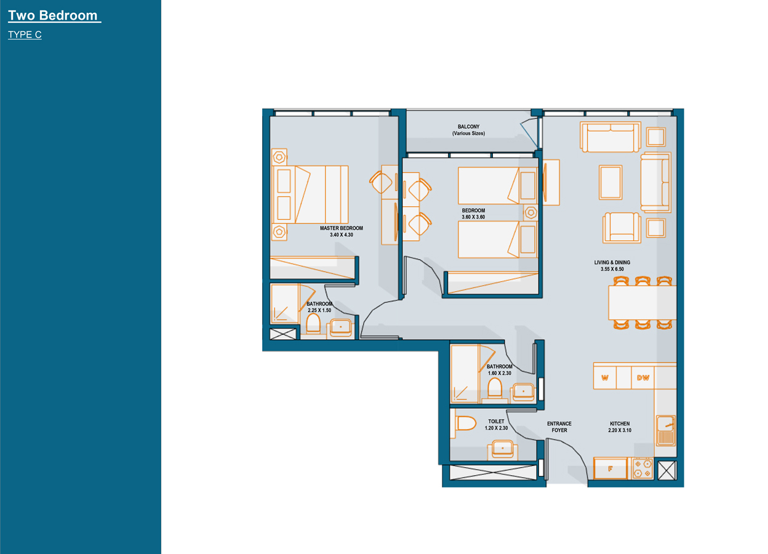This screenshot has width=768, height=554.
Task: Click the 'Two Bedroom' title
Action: point(53,15)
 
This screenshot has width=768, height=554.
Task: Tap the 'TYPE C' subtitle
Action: point(25,34)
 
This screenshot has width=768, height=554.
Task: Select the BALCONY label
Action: point(468,127)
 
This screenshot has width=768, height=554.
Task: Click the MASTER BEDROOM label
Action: point(341,228)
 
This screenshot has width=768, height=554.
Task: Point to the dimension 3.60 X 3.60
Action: point(473,217)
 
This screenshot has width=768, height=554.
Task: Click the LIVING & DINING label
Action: point(612,262)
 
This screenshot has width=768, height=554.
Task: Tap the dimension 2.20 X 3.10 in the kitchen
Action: point(620,430)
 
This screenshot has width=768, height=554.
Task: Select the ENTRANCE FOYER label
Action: point(559,427)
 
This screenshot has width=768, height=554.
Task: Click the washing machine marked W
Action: point(605,378)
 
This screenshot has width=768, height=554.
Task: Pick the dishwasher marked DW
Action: point(642,378)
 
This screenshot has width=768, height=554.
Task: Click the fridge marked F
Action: point(610,468)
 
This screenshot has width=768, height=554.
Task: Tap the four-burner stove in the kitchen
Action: point(642,468)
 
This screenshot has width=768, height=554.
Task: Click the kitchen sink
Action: point(666,431)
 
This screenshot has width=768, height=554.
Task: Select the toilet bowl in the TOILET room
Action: point(465,424)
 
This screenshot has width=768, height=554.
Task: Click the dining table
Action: point(642,303)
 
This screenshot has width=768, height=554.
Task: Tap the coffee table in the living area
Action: point(610,182)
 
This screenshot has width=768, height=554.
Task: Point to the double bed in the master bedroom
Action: point(310,195)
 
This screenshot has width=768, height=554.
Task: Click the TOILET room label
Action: point(496,421)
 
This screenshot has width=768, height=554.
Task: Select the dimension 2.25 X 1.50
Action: point(319,310)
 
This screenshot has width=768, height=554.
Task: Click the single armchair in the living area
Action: point(622,227)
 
